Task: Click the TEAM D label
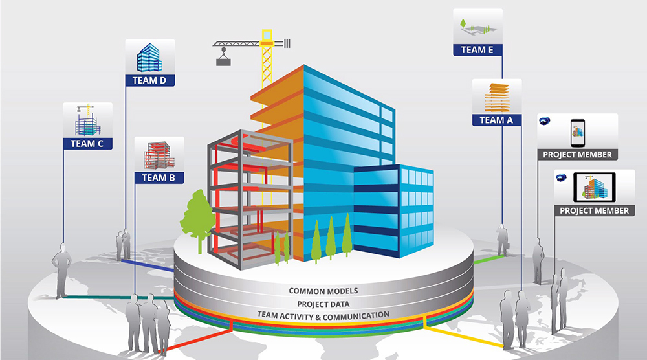click(x=149, y=81)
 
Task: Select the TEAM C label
click(x=87, y=144)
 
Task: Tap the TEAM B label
click(x=159, y=177)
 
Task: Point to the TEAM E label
click(x=478, y=49)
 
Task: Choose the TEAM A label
click(x=497, y=120)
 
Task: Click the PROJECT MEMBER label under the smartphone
click(x=578, y=155)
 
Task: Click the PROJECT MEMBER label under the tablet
click(x=595, y=210)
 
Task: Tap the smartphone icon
click(x=578, y=133)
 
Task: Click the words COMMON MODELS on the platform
click(x=323, y=291)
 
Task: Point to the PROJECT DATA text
click(x=323, y=304)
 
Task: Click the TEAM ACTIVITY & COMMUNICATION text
click(x=323, y=315)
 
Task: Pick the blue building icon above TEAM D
click(x=149, y=58)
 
